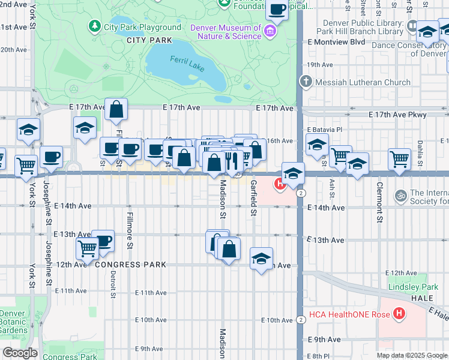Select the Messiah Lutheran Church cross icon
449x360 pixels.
coord(306,82)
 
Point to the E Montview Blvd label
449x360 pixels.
coord(336,42)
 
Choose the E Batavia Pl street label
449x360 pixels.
coord(324,130)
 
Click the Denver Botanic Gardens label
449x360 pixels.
coord(13,322)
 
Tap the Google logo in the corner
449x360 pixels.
coord(20,352)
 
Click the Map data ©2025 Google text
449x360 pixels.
coord(411,355)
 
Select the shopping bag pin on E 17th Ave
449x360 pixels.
coord(116,110)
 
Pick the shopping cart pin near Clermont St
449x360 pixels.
coord(399,159)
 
